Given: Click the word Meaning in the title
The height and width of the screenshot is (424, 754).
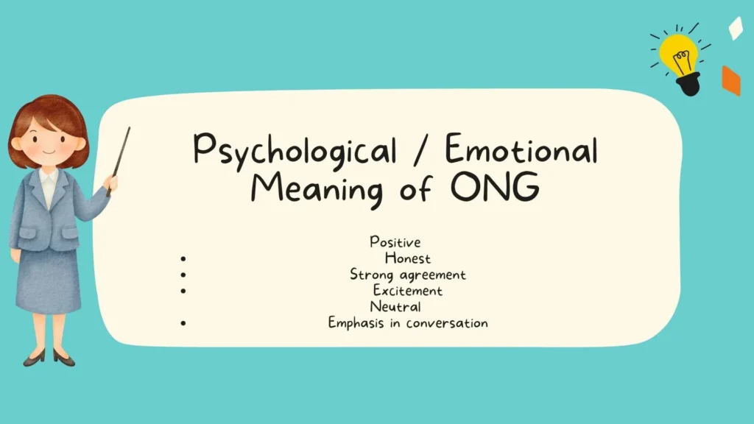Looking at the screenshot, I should point(317,191).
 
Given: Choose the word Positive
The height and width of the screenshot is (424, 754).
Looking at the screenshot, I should point(395,242).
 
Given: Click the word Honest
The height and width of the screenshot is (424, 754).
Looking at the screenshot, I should point(407,258).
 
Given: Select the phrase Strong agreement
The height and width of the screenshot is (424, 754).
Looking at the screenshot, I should point(407,275).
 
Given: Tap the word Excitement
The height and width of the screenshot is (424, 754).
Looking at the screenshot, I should point(407,291).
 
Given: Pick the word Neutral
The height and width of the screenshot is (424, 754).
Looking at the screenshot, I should point(395,307).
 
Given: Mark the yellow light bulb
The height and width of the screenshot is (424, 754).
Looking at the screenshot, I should point(678,55).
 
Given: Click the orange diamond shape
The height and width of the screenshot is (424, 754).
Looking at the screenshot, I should point(730,80).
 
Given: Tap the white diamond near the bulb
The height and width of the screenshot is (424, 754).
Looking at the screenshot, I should point(736,28).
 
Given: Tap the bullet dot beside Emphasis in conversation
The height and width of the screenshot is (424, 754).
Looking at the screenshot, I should point(182,322).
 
